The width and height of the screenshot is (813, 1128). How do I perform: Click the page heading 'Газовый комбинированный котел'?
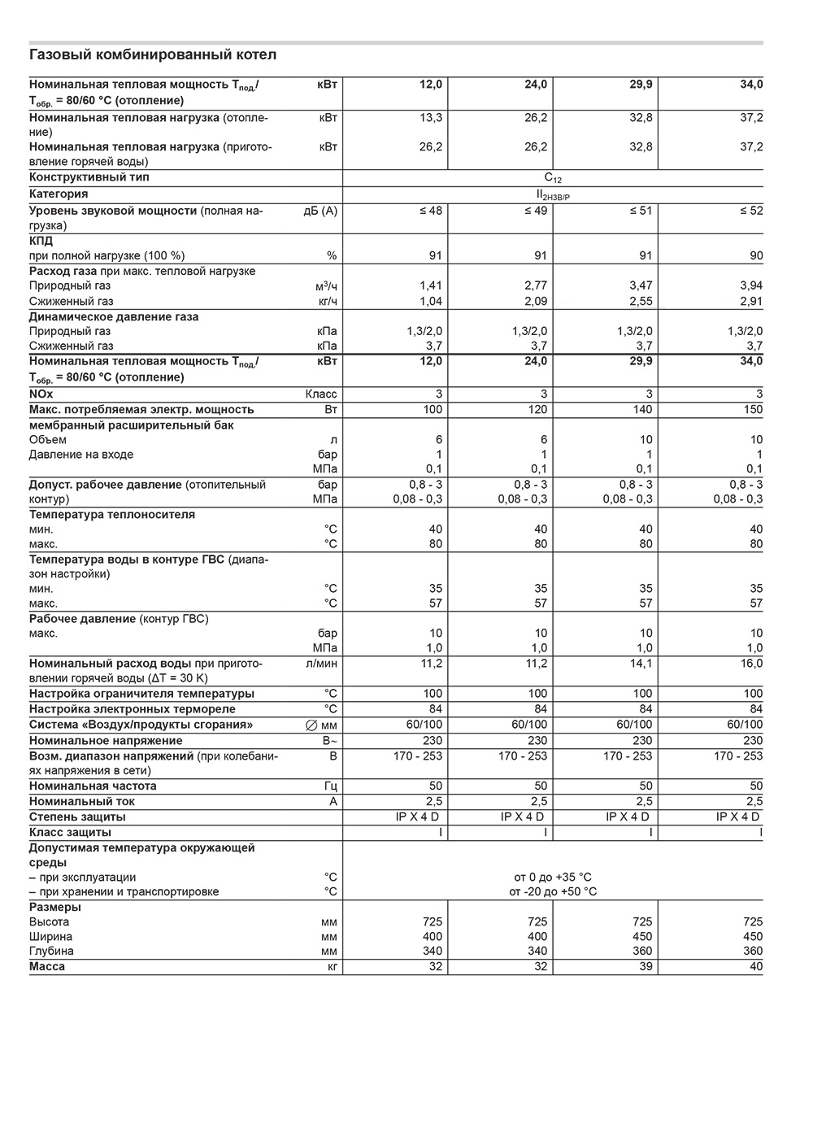(x=153, y=55)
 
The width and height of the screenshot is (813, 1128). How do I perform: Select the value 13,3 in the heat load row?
(x=431, y=118)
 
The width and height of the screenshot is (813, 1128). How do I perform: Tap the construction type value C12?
(x=553, y=178)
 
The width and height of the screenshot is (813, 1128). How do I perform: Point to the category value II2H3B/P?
(x=553, y=195)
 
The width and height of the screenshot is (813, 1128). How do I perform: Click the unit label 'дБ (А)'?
(x=320, y=211)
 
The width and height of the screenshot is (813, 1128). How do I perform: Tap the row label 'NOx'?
(x=41, y=394)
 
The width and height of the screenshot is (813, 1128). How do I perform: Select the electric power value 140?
(x=642, y=410)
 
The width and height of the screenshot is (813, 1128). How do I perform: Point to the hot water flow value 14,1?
(x=642, y=664)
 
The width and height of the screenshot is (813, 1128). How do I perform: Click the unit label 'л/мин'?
(x=322, y=664)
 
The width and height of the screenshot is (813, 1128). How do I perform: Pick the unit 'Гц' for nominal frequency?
(x=330, y=786)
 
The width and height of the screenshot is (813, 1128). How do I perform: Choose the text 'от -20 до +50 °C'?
(x=553, y=892)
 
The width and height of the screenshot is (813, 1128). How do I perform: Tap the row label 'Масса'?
(x=47, y=967)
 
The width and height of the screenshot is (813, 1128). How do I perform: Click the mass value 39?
(x=646, y=967)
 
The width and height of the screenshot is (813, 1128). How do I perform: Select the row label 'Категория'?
(x=59, y=194)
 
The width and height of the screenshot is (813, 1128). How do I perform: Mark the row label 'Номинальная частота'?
(x=93, y=786)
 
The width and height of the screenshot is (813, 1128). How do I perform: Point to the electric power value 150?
(x=753, y=410)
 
